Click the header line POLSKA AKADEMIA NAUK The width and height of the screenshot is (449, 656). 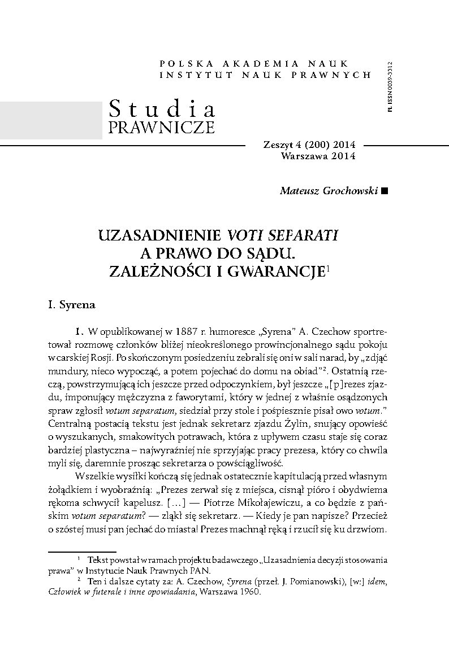254,63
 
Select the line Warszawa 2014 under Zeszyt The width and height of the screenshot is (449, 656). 318,156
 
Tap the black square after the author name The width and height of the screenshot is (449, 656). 386,191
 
